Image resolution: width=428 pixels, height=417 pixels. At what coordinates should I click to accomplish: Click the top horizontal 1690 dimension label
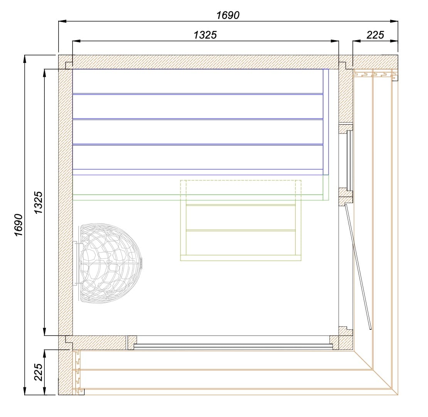click(228, 15)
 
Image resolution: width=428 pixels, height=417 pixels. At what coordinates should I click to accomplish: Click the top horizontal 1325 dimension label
click(205, 35)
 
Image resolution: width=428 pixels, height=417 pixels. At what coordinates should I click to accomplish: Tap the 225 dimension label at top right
click(375, 35)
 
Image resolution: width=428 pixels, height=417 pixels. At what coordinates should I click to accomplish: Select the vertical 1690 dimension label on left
click(19, 225)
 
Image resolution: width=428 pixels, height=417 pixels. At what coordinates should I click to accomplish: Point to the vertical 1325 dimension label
click(39, 202)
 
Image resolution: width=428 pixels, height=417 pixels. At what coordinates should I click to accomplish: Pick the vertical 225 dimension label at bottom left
click(39, 372)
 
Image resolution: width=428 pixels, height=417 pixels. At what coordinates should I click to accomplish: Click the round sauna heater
click(110, 263)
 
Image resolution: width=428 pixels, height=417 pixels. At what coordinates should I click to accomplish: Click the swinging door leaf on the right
click(358, 266)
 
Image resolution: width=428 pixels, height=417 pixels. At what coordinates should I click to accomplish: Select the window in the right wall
click(349, 160)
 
